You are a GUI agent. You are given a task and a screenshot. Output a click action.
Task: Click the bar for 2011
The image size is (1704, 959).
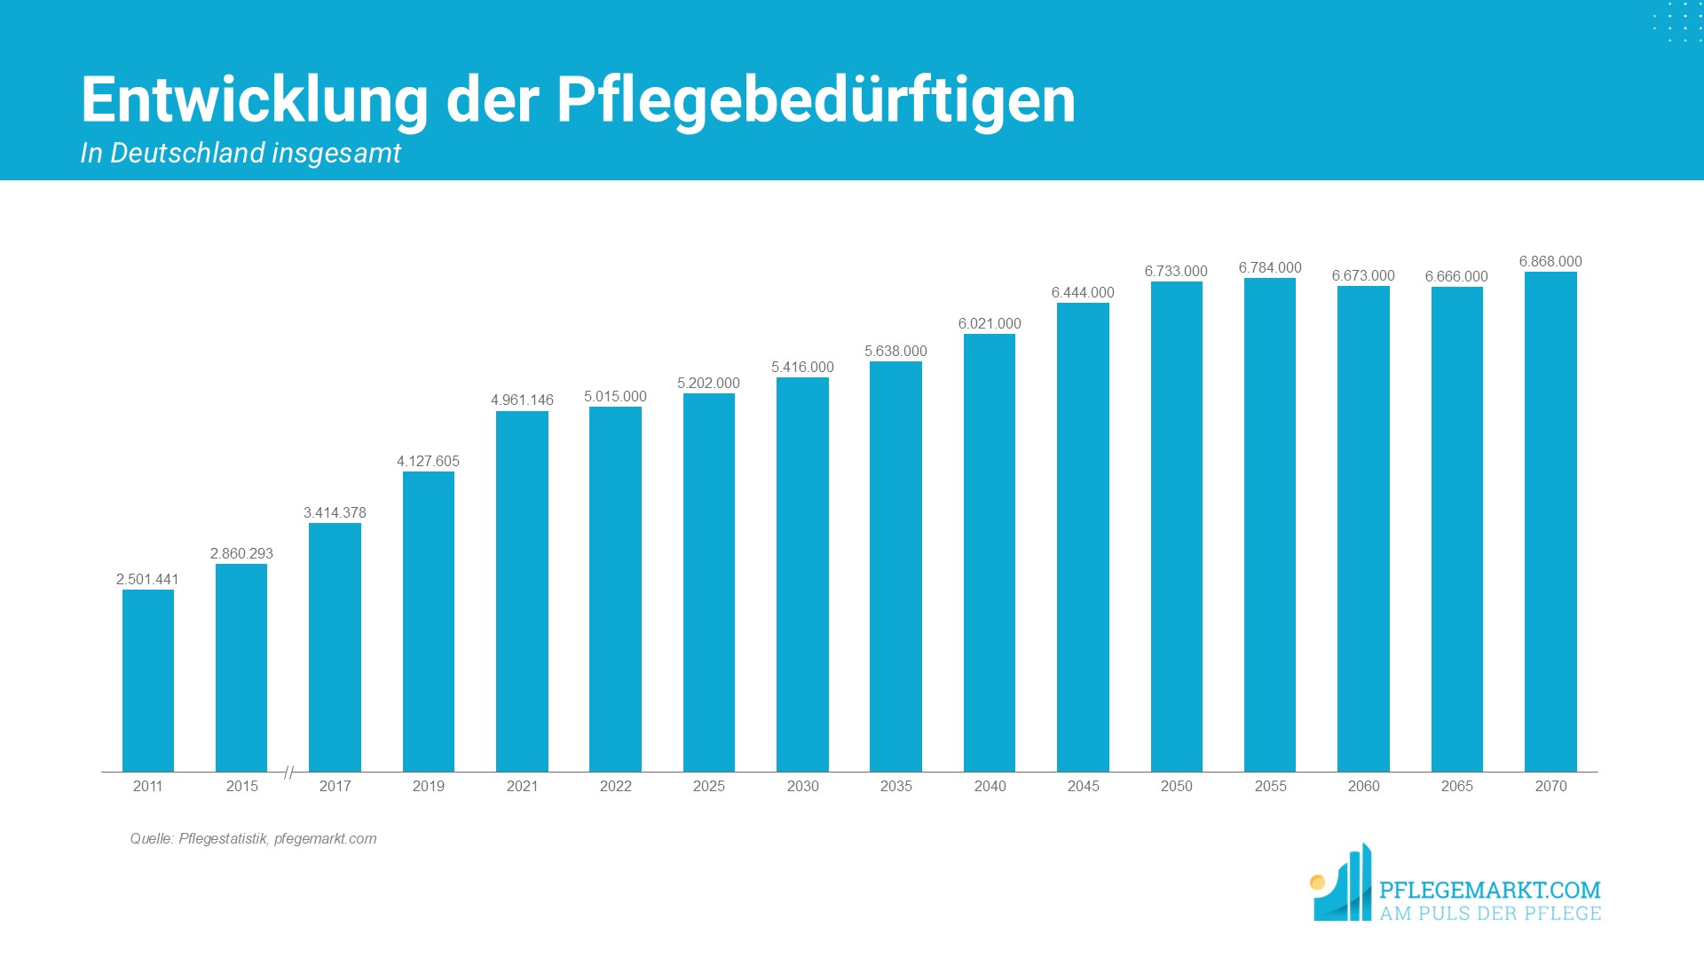click(148, 680)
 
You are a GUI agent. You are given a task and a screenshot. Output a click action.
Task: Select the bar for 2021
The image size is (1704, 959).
click(522, 591)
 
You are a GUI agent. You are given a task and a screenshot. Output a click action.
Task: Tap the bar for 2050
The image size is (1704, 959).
click(1176, 527)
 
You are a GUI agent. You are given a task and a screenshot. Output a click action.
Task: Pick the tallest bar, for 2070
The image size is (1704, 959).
click(1550, 522)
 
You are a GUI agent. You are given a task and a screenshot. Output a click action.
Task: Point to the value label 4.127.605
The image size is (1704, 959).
click(428, 461)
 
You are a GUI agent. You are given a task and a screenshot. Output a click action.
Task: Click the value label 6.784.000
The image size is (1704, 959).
click(1270, 267)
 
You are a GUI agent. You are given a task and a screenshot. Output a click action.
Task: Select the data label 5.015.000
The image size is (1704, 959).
click(615, 396)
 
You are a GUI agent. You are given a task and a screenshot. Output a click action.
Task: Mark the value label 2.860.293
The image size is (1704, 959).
click(241, 553)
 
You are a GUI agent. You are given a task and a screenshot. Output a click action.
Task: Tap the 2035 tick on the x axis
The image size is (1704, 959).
click(895, 786)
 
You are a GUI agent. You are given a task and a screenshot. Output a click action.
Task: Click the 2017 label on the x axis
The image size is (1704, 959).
click(335, 786)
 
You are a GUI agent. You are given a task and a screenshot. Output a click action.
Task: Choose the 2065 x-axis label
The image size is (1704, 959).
click(1456, 786)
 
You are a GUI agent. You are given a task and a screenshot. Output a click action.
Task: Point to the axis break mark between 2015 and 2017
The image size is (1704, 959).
click(288, 773)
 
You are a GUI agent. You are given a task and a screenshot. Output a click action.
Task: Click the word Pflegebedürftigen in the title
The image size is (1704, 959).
click(816, 99)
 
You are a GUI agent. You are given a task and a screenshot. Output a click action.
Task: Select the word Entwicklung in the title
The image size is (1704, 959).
click(255, 99)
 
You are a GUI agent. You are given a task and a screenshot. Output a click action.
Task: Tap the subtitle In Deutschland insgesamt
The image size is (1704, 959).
click(241, 153)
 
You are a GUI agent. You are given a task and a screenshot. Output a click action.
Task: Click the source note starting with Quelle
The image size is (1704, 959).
click(253, 838)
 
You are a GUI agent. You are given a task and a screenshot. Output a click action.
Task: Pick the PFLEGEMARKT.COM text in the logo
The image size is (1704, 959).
click(1489, 890)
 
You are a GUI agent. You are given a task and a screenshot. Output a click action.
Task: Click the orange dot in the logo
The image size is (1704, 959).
click(1318, 882)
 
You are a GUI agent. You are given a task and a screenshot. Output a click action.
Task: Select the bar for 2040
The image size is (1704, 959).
click(990, 552)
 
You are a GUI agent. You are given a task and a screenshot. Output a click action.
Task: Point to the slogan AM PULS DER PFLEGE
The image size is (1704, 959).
click(1489, 914)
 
